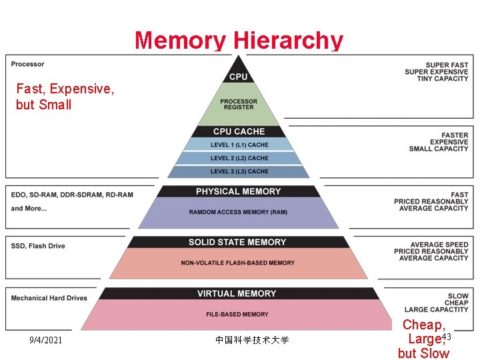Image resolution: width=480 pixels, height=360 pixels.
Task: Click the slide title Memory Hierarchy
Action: click(x=239, y=41)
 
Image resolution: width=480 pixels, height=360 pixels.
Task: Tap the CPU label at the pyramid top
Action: click(x=238, y=77)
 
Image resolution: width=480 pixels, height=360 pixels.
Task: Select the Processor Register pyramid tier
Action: click(x=238, y=105)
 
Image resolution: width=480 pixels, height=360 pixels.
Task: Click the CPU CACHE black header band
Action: click(x=239, y=131)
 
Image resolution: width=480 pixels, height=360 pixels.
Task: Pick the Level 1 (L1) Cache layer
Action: click(x=239, y=145)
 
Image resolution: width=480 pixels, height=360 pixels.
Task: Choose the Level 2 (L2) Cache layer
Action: click(x=239, y=158)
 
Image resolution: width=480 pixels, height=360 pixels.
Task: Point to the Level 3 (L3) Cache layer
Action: click(x=239, y=171)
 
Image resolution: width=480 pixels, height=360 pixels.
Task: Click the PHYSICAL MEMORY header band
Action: click(x=238, y=191)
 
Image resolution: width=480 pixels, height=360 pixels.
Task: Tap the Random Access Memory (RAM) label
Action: click(x=238, y=212)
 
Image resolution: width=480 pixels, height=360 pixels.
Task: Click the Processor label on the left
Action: click(x=28, y=64)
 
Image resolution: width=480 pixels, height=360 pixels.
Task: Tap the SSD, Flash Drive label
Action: click(x=38, y=246)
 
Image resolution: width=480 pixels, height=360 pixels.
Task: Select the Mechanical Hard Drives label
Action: click(x=49, y=298)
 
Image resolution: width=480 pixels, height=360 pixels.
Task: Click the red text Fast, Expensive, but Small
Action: click(x=65, y=97)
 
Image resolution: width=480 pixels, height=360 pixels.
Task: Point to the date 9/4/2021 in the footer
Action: click(x=46, y=340)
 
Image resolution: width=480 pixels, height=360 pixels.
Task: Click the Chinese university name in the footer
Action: click(x=252, y=340)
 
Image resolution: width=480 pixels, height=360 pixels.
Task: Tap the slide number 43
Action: click(x=446, y=337)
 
